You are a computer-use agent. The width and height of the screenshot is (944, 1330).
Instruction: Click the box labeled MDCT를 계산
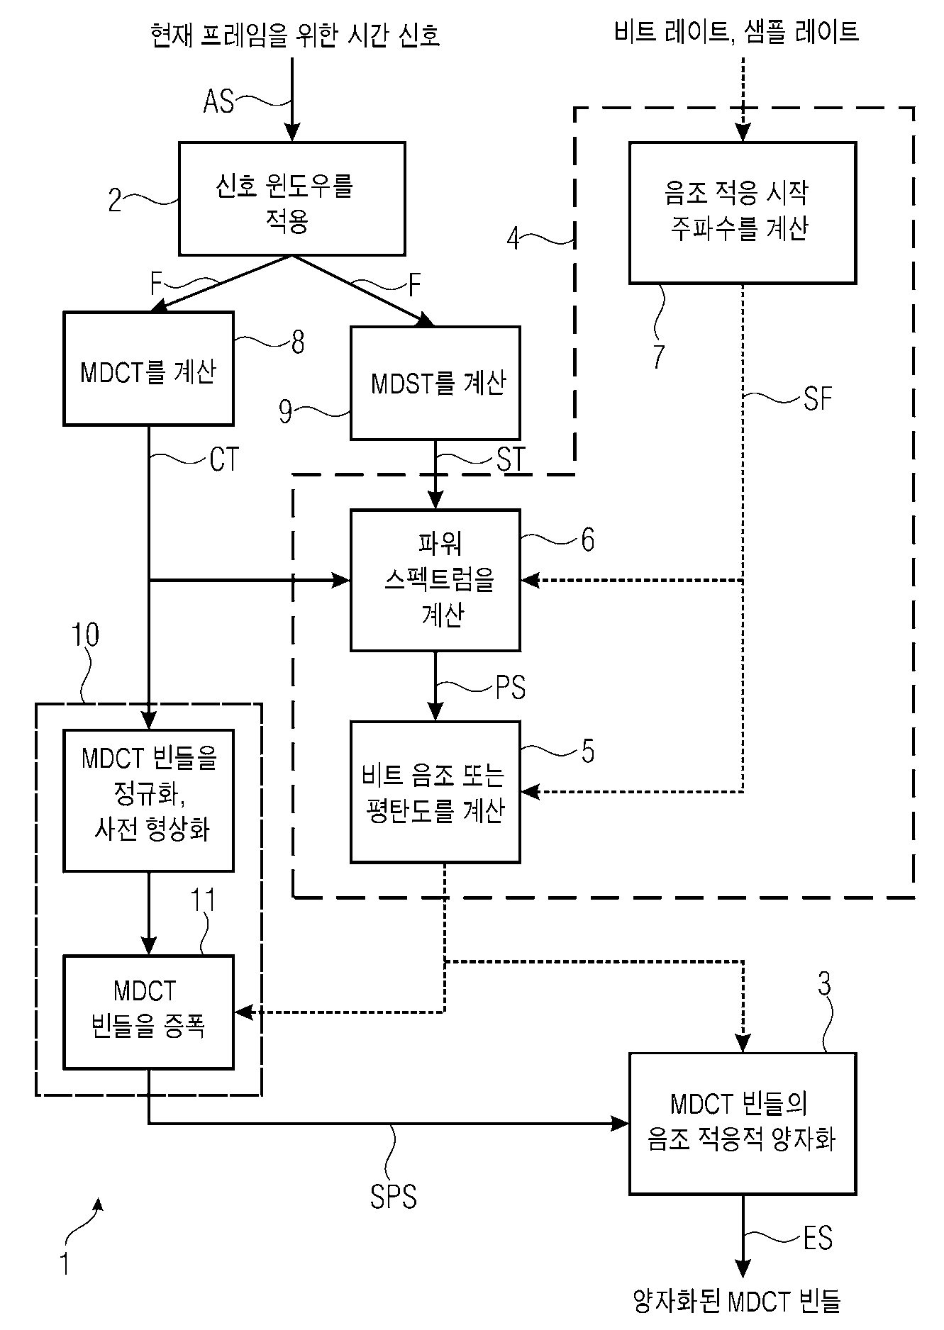pyautogui.click(x=148, y=369)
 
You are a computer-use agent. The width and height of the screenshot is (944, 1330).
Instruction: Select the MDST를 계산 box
pyautogui.click(x=435, y=383)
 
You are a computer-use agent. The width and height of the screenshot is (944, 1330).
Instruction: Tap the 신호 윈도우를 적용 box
pyautogui.click(x=291, y=199)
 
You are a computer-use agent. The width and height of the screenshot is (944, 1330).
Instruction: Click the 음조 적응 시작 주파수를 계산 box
pyautogui.click(x=742, y=213)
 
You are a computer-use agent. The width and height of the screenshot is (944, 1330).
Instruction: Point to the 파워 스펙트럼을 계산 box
pyautogui.click(x=435, y=580)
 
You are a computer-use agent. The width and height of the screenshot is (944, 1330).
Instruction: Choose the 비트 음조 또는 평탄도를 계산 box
pyautogui.click(x=435, y=792)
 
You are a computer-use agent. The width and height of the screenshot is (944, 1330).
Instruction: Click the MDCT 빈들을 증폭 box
pyautogui.click(x=148, y=1012)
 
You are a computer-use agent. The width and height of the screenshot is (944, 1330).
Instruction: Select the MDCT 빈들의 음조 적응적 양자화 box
pyautogui.click(x=742, y=1124)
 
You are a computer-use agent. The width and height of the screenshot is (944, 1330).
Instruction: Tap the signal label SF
pyautogui.click(x=816, y=400)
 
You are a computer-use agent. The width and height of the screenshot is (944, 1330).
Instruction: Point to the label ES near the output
pyautogui.click(x=817, y=1239)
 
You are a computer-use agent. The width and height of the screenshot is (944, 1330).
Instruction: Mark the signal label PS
pyautogui.click(x=510, y=688)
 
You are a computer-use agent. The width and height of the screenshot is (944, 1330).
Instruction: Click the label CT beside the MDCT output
pyautogui.click(x=224, y=460)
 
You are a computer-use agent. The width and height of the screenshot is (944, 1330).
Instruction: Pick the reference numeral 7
pyautogui.click(x=659, y=357)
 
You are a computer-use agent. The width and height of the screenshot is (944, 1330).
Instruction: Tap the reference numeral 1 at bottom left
pyautogui.click(x=65, y=1264)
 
